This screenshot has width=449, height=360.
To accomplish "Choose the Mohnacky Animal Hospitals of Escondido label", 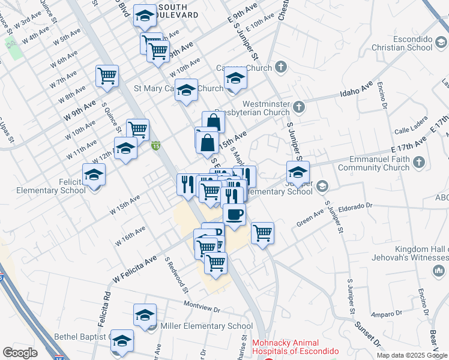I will tap(295, 347).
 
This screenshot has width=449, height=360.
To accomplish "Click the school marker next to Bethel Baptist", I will tap(122, 340).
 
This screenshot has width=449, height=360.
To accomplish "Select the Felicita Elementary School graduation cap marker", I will tap(94, 175).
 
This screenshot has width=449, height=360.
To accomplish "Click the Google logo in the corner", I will tap(20, 352).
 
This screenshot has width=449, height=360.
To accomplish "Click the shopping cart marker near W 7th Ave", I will tap(107, 76).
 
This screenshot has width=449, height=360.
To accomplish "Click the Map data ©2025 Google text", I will tap(411, 355).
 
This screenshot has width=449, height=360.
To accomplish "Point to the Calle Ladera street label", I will tap(410, 131).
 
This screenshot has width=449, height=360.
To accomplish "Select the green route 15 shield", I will tap(155, 145).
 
